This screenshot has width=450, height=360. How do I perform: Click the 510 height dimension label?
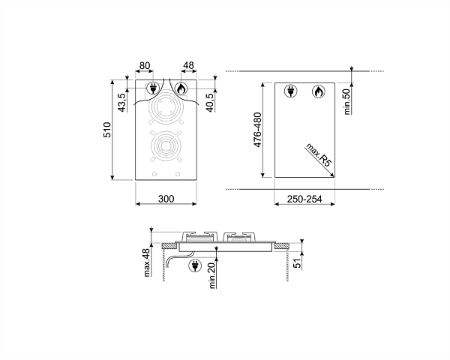[x=106, y=130]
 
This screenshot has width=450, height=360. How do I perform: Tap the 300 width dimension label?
[x=166, y=199]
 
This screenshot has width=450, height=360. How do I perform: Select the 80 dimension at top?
[x=144, y=66]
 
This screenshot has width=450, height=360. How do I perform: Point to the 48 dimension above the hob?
[x=188, y=65]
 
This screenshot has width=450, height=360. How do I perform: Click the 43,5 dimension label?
[x=121, y=103]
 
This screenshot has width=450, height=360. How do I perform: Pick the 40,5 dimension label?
[x=210, y=103]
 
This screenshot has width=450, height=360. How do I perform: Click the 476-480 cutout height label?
[x=257, y=130]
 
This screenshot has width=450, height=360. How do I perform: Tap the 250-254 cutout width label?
[x=304, y=199]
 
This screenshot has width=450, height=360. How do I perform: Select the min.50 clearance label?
[x=347, y=102]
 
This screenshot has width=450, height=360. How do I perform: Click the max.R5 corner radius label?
[x=319, y=154]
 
